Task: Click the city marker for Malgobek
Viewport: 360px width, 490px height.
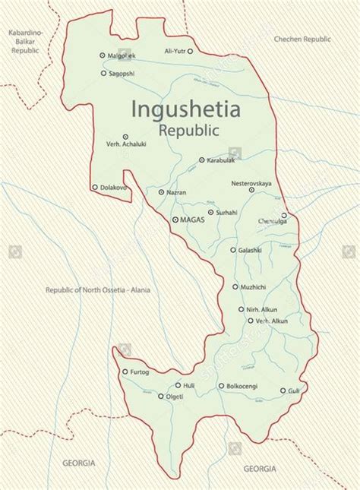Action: click(x=103, y=55)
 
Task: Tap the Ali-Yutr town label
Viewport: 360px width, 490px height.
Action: click(x=173, y=51)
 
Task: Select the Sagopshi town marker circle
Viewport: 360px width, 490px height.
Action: click(x=103, y=73)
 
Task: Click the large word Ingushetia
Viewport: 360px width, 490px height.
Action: click(x=186, y=109)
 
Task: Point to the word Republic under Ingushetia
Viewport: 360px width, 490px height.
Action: click(x=189, y=130)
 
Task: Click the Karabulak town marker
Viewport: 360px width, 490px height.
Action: click(x=201, y=160)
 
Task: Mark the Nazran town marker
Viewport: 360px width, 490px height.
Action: click(x=161, y=192)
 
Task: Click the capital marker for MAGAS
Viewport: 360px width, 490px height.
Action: click(x=175, y=219)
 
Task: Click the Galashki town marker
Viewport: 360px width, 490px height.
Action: click(x=233, y=249)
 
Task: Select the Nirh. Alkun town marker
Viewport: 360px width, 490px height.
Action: click(x=237, y=309)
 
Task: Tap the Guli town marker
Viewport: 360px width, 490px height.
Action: click(x=283, y=390)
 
